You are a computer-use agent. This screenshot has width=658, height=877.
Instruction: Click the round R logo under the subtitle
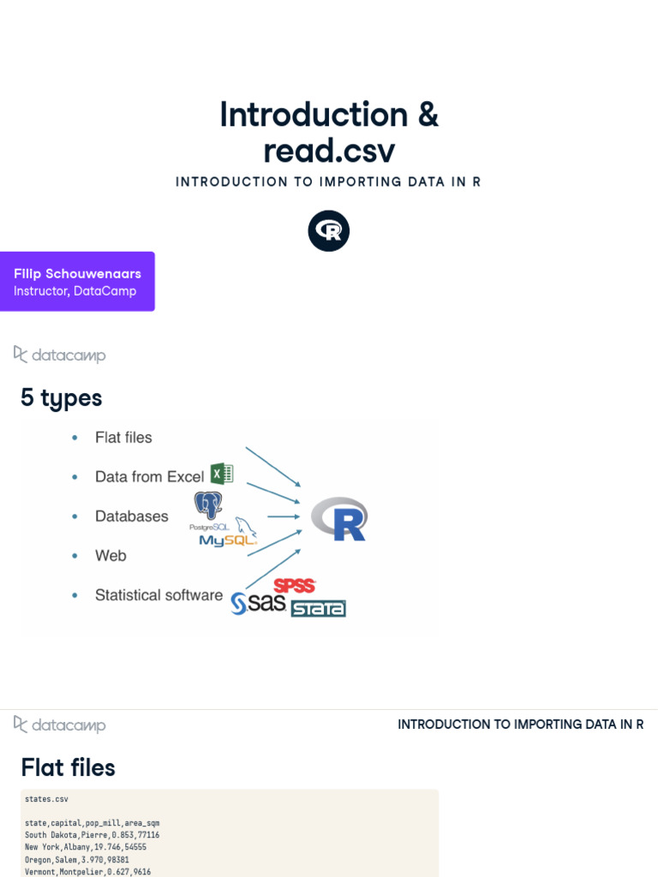click(x=329, y=231)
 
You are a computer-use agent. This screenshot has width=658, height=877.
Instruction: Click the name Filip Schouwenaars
click(x=77, y=273)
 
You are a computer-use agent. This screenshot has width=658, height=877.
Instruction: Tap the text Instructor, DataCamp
click(x=75, y=291)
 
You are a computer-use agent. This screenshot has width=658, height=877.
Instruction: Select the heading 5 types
click(x=62, y=398)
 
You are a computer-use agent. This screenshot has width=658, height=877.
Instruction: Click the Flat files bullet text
click(x=123, y=438)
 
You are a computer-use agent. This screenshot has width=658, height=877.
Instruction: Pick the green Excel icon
click(x=222, y=474)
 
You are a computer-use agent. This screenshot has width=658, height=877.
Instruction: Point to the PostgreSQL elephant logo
click(x=208, y=506)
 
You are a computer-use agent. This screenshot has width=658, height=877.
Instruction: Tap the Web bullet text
click(x=111, y=556)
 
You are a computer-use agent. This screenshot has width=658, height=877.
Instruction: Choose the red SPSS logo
click(x=295, y=586)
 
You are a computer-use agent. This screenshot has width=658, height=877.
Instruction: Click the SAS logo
click(x=259, y=604)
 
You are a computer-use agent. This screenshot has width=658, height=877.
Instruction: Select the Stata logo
click(x=318, y=608)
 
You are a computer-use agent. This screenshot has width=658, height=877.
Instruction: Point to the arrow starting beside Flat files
click(x=272, y=466)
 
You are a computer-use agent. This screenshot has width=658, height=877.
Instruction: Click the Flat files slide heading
click(x=69, y=767)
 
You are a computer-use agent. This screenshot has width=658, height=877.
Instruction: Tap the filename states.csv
click(x=46, y=799)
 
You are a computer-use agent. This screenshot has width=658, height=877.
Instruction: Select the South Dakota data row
click(x=93, y=835)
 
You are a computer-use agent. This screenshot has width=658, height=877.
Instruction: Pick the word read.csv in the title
click(x=329, y=150)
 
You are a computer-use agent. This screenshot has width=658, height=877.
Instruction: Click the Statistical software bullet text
click(x=159, y=595)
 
